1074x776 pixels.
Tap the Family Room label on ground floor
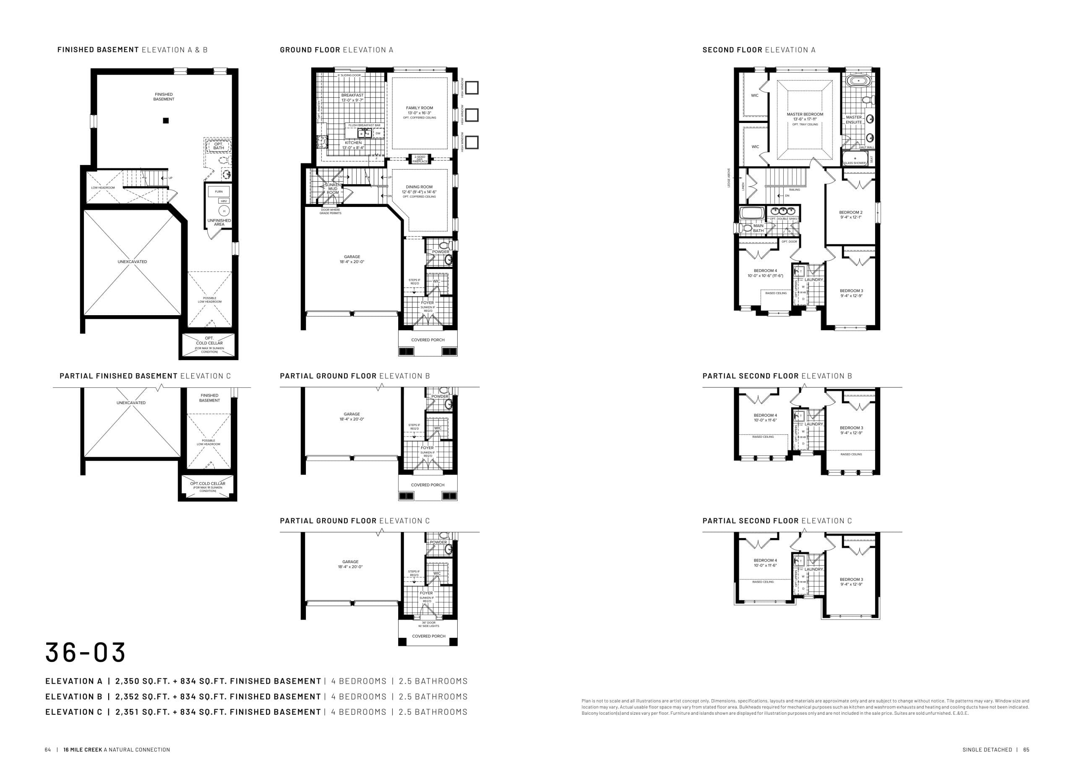coord(419,108)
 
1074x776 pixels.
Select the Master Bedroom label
coord(805,114)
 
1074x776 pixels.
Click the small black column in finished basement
coord(166,120)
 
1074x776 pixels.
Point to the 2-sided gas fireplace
coord(420,159)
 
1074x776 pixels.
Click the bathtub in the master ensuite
coord(858,81)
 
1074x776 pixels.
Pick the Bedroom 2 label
coord(850,212)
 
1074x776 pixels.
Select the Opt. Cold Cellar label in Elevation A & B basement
coord(209,341)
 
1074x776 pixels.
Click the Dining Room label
coord(419,187)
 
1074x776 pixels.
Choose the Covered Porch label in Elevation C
coord(429,636)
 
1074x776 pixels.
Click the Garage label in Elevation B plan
coord(352,414)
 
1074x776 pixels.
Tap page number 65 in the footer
coord(1026,750)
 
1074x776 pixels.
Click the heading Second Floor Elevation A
coord(759,50)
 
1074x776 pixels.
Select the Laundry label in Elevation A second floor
coord(813,280)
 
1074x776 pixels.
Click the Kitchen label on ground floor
coord(353,143)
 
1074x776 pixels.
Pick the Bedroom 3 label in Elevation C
coord(851,580)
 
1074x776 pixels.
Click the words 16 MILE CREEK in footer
coord(83,750)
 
